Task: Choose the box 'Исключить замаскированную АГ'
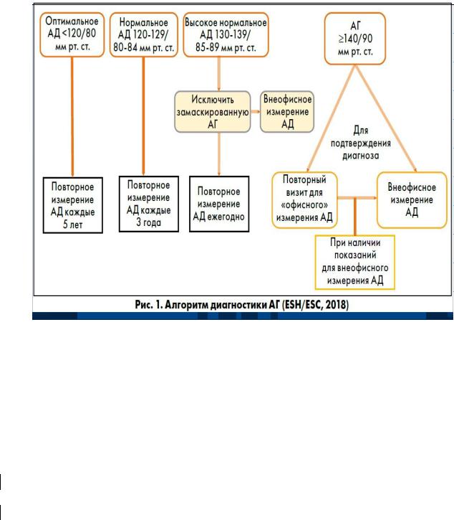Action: pos(213,110)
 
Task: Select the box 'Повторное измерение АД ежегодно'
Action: pos(219,202)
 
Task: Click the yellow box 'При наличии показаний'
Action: pos(356,261)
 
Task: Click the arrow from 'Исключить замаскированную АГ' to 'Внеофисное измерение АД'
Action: pos(254,111)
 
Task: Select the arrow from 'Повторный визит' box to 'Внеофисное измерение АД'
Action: pos(362,197)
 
